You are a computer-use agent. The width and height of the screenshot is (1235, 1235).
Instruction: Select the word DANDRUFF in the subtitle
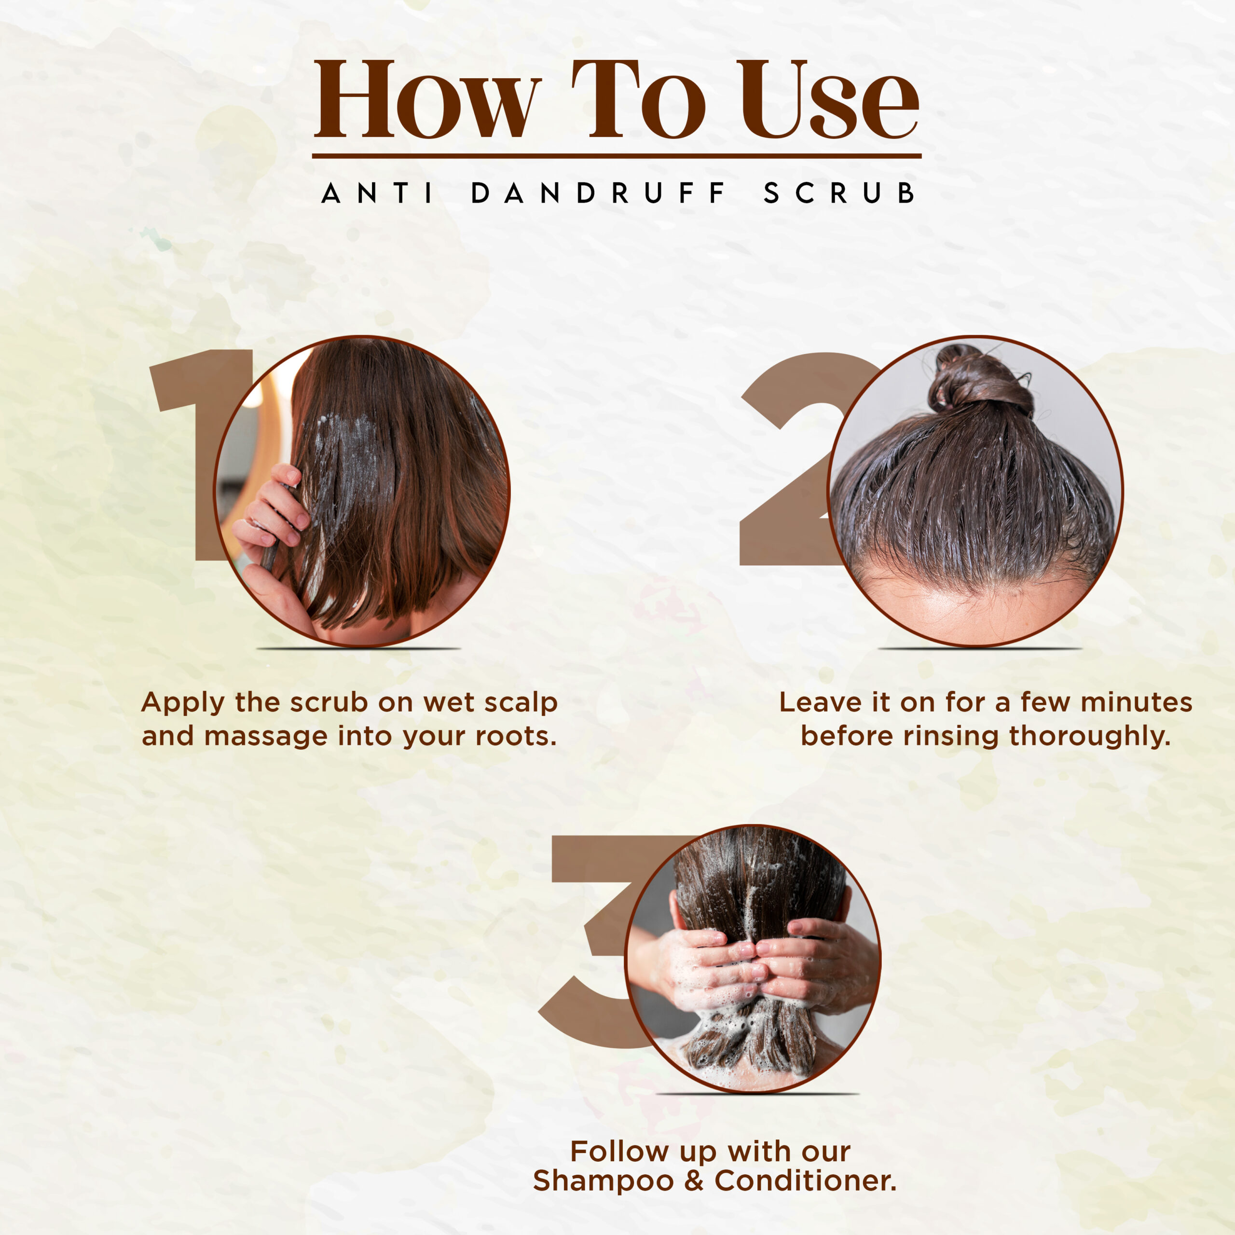click(599, 193)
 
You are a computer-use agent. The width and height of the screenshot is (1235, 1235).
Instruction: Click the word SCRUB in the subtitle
click(838, 193)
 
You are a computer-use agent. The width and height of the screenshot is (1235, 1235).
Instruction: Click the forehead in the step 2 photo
click(972, 607)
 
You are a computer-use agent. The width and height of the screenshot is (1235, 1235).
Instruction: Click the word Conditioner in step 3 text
click(806, 1180)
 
